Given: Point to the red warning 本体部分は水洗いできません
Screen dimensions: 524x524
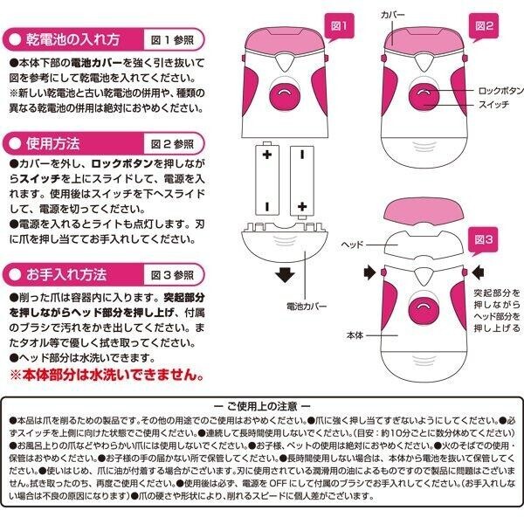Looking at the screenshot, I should (107, 376).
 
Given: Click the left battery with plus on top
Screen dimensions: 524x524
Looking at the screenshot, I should (265, 179).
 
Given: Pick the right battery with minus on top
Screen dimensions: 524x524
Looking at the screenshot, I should (300, 179).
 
